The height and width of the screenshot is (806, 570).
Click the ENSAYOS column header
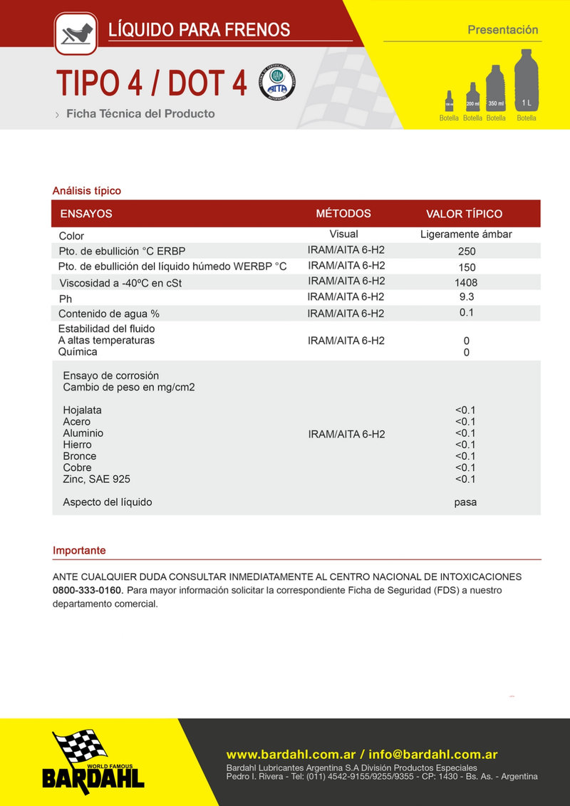(86, 214)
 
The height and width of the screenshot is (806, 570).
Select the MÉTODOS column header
(343, 214)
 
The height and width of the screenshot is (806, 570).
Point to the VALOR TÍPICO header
(464, 214)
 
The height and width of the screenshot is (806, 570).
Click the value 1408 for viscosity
(466, 282)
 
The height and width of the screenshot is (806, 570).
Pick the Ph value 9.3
(466, 296)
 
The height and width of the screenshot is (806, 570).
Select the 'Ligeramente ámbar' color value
(466, 234)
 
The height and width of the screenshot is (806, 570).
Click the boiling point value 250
(467, 251)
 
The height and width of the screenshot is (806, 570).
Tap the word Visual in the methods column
(343, 234)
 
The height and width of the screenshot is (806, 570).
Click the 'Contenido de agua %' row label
(108, 314)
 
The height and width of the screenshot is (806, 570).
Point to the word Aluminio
(83, 433)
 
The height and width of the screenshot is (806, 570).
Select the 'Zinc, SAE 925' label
(96, 479)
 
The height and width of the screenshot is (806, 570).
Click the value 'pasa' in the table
(465, 502)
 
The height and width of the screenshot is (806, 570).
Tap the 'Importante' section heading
(79, 551)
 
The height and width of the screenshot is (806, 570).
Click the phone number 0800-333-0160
(88, 590)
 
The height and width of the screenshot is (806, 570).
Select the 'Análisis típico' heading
(87, 191)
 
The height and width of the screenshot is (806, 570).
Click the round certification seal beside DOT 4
(276, 83)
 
